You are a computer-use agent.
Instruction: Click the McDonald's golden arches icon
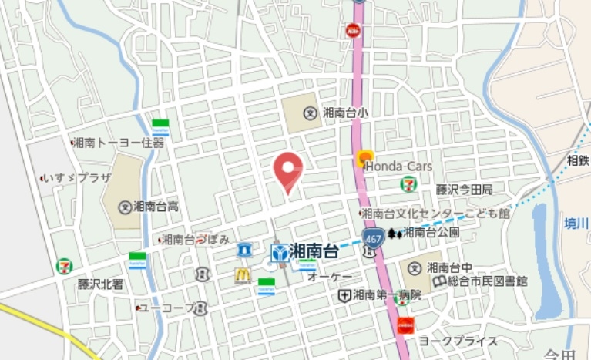[x=243, y=274]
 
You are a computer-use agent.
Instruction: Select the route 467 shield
[x=371, y=234]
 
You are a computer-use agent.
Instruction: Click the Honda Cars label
[x=398, y=166]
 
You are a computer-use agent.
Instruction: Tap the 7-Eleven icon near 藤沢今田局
[x=407, y=183]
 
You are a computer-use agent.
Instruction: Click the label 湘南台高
[x=156, y=206]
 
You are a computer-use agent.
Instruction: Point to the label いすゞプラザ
[x=80, y=177]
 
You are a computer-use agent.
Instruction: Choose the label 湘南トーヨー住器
[x=120, y=143]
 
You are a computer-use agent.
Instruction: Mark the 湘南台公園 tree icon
[x=395, y=232]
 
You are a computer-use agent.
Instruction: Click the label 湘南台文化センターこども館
[x=435, y=213]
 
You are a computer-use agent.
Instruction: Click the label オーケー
[x=330, y=276]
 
